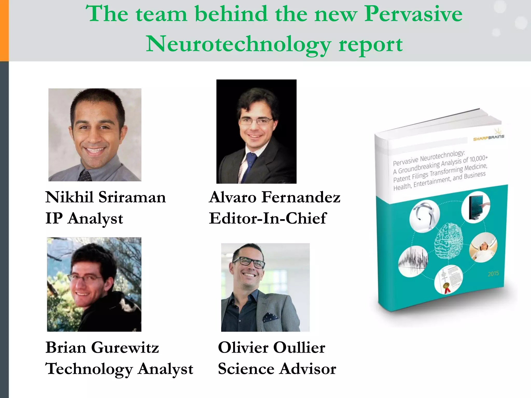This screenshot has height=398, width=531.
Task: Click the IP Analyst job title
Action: [x=84, y=218]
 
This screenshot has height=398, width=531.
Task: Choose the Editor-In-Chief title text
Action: [x=267, y=218]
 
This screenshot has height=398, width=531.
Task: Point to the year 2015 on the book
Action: [x=493, y=274]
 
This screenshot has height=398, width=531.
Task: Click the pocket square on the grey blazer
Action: [x=270, y=317]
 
